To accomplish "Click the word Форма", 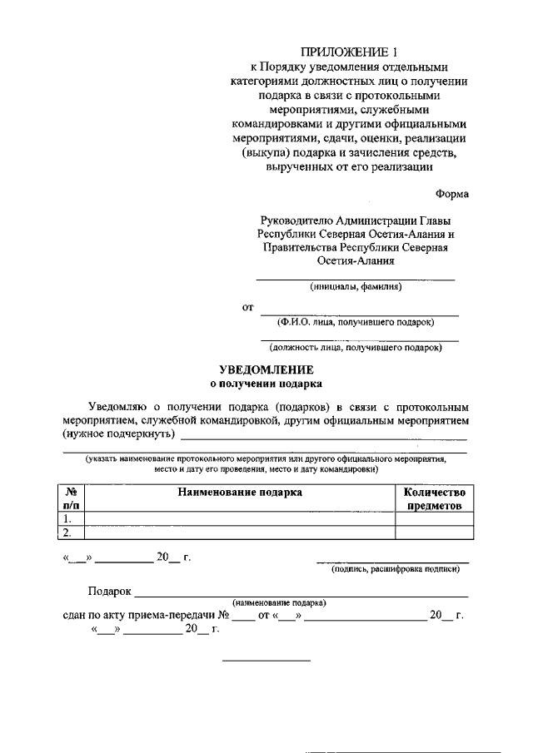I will pos(451,194).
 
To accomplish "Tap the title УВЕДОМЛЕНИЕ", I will pos(266,369).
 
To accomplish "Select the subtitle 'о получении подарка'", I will pos(266,384).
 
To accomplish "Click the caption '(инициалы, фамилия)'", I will pos(356,287).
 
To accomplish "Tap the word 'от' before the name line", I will pos(247,308).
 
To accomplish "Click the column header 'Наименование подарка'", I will pos(240,492).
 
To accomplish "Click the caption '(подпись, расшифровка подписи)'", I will pos(395,569).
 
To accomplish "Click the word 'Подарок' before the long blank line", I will pos(110,591).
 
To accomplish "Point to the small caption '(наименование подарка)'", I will pos(279,602).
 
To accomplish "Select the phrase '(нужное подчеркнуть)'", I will pos(118,434).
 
